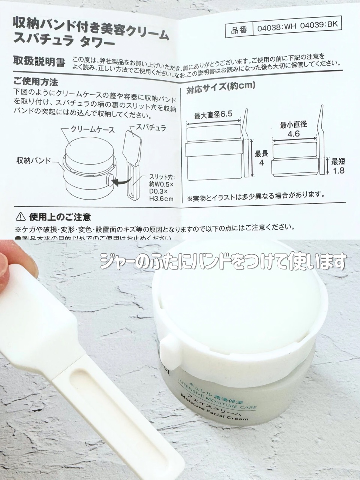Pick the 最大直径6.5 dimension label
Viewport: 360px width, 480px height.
(214, 114)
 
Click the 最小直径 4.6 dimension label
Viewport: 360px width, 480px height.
(294, 129)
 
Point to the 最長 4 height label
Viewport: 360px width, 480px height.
(260, 158)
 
